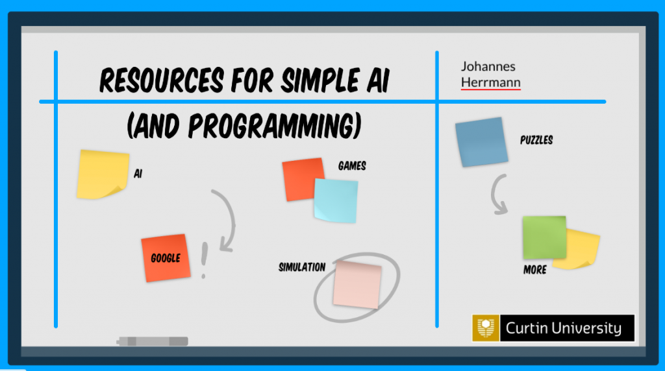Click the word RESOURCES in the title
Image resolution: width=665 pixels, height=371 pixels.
162,80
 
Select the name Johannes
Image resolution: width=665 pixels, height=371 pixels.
488,67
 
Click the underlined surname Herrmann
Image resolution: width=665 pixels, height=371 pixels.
491,82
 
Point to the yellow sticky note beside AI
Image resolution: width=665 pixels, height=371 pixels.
103,174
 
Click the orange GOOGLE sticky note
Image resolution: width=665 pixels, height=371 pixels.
166,258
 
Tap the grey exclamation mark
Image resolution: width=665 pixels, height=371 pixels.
204,260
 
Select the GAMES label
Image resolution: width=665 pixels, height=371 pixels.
352,165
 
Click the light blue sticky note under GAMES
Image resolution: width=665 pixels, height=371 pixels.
336,201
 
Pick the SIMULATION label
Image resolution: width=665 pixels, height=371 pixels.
302,267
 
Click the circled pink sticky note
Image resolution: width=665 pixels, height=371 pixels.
357,285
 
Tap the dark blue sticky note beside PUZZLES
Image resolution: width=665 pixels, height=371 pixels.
481,142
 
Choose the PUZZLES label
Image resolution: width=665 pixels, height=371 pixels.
536,140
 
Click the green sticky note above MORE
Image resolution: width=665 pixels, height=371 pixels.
544,237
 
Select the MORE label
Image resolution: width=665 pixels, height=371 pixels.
535,270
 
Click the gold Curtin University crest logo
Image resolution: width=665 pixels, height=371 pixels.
486,328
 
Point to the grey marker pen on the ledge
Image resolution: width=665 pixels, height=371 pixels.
153,341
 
